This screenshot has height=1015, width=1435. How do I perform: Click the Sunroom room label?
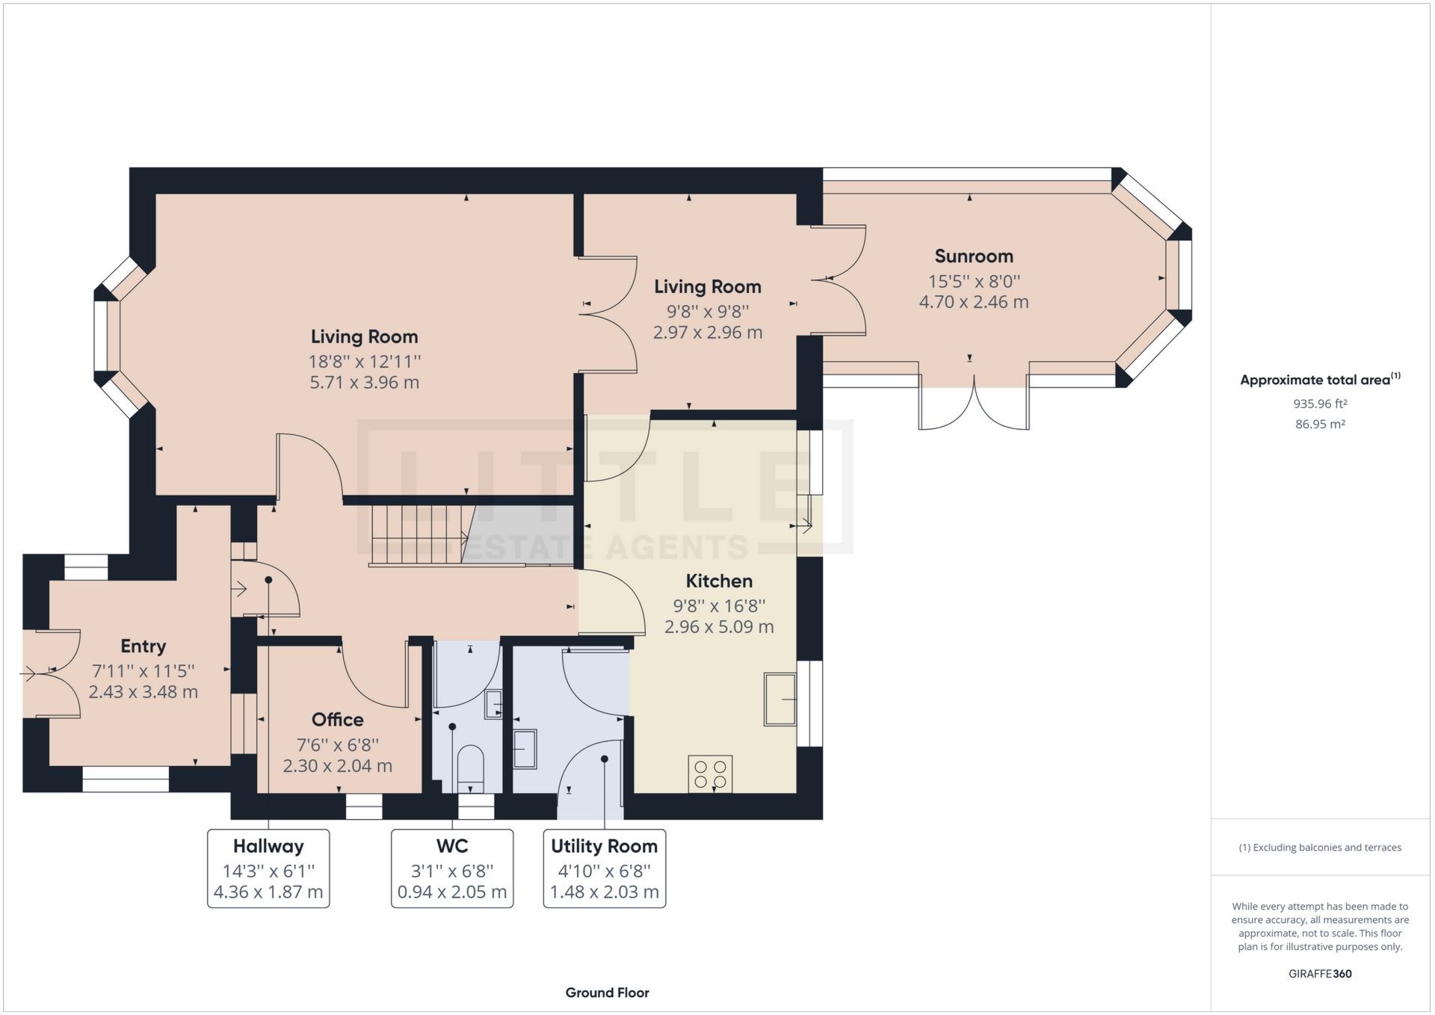click(x=973, y=256)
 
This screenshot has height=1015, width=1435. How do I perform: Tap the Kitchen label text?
click(x=718, y=581)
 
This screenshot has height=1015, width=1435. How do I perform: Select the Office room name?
click(x=337, y=720)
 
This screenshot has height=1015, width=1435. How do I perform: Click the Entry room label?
click(x=143, y=647)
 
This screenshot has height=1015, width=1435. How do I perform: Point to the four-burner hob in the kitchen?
click(x=710, y=774)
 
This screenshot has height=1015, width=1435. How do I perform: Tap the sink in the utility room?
click(x=525, y=749)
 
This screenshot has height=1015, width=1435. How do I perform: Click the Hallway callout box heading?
click(x=268, y=846)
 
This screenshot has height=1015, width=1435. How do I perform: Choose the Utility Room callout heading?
click(x=604, y=846)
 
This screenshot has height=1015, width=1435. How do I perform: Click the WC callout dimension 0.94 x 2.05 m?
click(x=451, y=892)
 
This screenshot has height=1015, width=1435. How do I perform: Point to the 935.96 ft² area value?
click(x=1320, y=404)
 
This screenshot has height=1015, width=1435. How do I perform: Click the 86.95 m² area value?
click(x=1320, y=425)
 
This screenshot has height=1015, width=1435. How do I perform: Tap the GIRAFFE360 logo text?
click(x=1320, y=974)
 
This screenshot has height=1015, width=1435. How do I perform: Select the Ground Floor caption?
click(x=607, y=993)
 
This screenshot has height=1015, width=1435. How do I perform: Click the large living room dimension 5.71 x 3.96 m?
click(x=364, y=383)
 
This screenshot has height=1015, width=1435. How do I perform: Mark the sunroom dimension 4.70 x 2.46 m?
click(x=973, y=303)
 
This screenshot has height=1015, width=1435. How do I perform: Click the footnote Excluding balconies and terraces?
click(x=1320, y=848)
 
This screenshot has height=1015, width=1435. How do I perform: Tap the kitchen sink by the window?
click(x=780, y=699)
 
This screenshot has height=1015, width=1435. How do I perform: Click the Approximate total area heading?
click(x=1315, y=380)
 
